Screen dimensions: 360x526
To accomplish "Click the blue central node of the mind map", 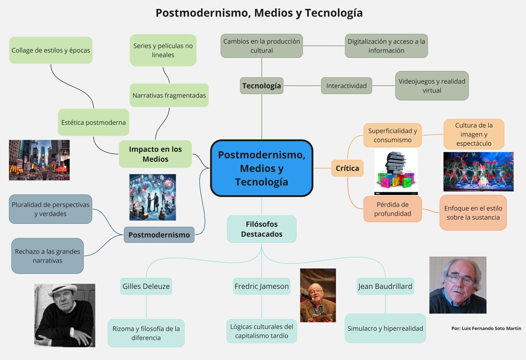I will click(x=261, y=168).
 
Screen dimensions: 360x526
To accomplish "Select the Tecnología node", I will click(x=261, y=86).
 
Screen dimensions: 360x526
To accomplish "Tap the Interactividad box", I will click(x=346, y=86).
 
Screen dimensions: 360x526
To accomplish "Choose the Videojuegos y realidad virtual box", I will click(x=432, y=86).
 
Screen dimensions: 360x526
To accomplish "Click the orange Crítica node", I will click(x=347, y=168).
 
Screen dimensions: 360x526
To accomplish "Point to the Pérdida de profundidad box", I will click(x=392, y=209).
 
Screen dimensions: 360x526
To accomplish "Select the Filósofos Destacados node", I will click(x=261, y=229).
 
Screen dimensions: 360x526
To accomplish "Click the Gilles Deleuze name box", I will click(x=146, y=286).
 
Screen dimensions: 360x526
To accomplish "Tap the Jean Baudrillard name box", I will click(x=385, y=286).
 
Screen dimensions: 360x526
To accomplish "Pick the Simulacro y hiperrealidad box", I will click(x=385, y=328).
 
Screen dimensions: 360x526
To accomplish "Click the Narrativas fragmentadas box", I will click(x=169, y=95).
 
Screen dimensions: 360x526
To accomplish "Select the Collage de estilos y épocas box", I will click(x=51, y=50).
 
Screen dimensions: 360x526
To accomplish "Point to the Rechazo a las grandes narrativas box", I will click(x=47, y=256).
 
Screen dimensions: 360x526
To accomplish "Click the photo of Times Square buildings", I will click(x=39, y=160).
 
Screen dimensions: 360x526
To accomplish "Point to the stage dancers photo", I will click(x=478, y=171).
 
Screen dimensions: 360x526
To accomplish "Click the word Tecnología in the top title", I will click(x=334, y=13).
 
